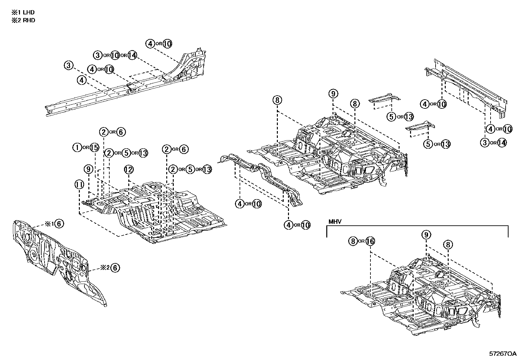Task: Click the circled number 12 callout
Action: (129, 169)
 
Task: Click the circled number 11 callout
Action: (79, 185)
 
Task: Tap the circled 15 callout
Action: (94, 148)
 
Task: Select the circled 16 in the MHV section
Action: (370, 241)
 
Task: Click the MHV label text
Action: (335, 222)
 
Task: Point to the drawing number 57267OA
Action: (503, 354)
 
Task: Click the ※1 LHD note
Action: (23, 12)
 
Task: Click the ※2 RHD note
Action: (23, 20)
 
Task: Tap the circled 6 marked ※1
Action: (59, 224)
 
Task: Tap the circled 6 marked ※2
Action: (115, 268)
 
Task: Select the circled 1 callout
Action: (77, 148)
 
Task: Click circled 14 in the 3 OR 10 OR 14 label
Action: (132, 55)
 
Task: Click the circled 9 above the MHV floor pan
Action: (426, 235)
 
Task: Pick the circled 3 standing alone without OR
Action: (68, 66)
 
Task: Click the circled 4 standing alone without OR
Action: (82, 80)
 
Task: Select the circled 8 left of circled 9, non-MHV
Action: (277, 100)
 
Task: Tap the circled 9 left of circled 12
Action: (88, 169)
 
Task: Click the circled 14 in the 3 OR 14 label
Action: (502, 142)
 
